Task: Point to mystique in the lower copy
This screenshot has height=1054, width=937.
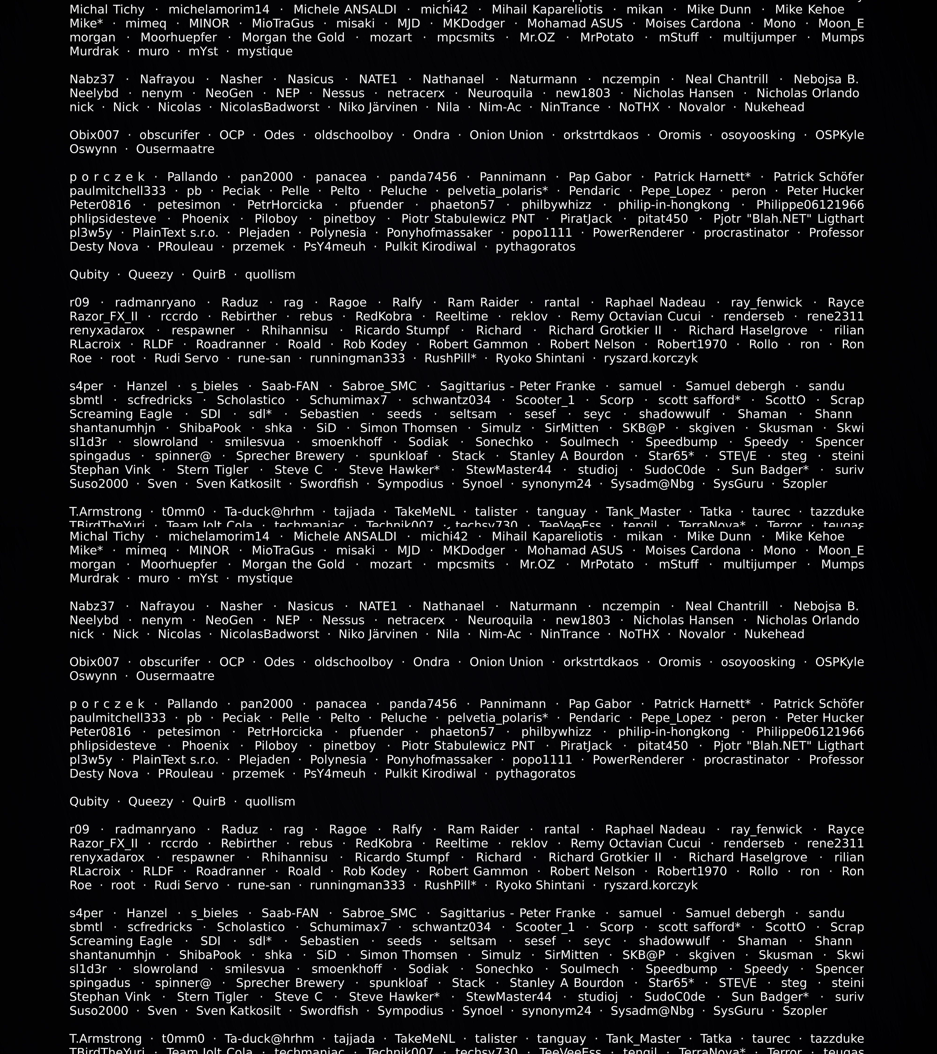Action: coord(264,579)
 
